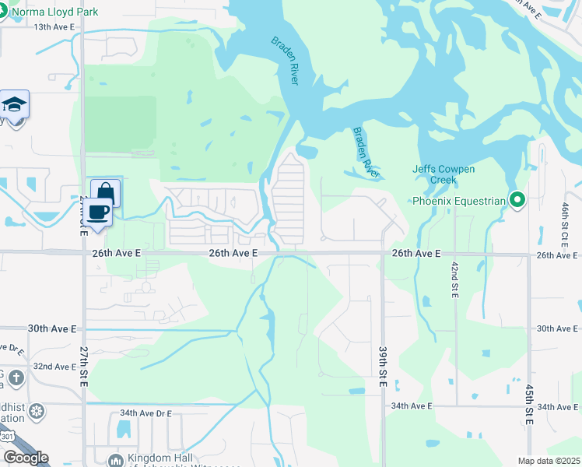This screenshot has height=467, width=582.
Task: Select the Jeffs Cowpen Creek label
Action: click(x=444, y=174)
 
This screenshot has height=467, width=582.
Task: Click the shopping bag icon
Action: click(x=105, y=192)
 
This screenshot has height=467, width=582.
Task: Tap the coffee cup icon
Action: click(x=97, y=212)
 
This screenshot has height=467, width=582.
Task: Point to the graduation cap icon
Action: click(x=14, y=104)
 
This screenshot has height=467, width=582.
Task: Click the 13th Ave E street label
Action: click(x=54, y=26)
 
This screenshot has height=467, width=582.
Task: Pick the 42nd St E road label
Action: click(x=454, y=279)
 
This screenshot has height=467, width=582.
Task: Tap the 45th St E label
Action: click(x=529, y=404)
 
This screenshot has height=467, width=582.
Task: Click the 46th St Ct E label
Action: click(x=565, y=222)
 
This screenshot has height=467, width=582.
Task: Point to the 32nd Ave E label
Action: click(x=54, y=366)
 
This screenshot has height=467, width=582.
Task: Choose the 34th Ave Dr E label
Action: click(x=145, y=413)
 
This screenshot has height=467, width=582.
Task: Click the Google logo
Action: click(x=25, y=458)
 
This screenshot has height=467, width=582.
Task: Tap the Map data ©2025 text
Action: click(x=549, y=461)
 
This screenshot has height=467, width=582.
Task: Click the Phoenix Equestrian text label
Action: click(x=459, y=201)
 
